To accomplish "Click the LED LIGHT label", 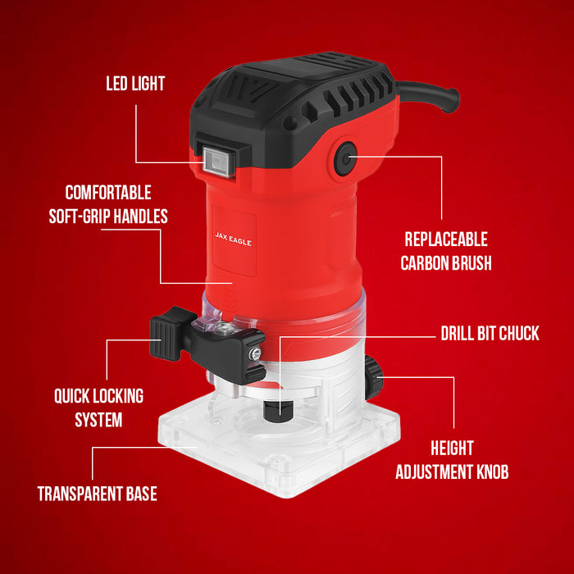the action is point(135,84).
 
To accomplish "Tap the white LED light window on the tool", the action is point(219,161).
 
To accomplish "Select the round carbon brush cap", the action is point(345,158).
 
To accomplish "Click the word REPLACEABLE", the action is point(446,239).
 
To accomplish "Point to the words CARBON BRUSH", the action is point(446,263).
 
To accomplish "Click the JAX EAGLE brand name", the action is point(234,239).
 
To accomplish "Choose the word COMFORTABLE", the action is point(108,193).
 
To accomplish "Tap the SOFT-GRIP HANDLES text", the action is point(108,216).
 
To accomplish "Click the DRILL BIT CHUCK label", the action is point(490,333).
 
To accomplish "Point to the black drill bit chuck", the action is point(279,409).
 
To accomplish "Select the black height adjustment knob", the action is point(373,377).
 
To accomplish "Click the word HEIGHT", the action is point(452,448).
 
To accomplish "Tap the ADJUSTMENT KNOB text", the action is point(452,471).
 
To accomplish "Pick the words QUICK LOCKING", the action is point(99,396).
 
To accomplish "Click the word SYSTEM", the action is point(99,420).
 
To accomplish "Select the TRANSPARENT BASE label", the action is point(98,494).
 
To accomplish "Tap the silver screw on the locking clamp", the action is point(255,353).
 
